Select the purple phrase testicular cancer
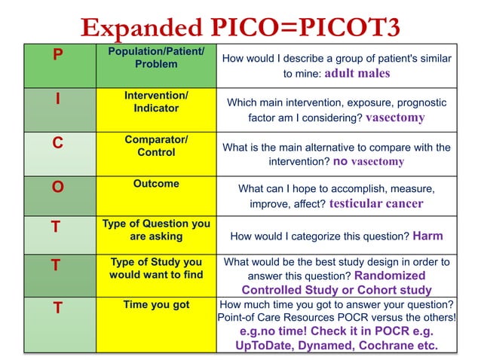coord(376,203)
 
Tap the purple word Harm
coord(427,236)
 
